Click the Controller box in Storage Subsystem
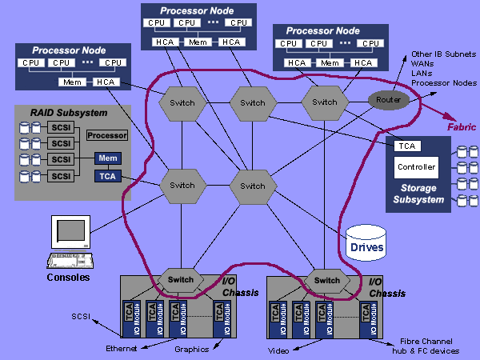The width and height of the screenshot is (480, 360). pyautogui.click(x=416, y=167)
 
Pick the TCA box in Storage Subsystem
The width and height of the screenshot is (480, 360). pyautogui.click(x=408, y=146)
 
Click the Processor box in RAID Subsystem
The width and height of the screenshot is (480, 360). pyautogui.click(x=106, y=135)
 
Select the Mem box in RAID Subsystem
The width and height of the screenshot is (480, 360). pyautogui.click(x=106, y=158)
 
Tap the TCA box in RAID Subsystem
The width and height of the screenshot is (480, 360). pyautogui.click(x=106, y=176)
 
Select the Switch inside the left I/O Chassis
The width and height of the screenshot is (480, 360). pyautogui.click(x=182, y=279)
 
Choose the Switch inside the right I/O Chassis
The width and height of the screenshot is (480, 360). pyautogui.click(x=326, y=280)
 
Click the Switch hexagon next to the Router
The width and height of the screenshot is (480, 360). pyautogui.click(x=324, y=102)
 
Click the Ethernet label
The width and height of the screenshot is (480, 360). pyautogui.click(x=121, y=349)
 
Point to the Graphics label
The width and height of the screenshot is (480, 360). pyautogui.click(x=191, y=349)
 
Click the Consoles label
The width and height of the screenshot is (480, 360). pyautogui.click(x=68, y=278)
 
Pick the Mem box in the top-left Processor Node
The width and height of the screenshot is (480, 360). pyautogui.click(x=67, y=82)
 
